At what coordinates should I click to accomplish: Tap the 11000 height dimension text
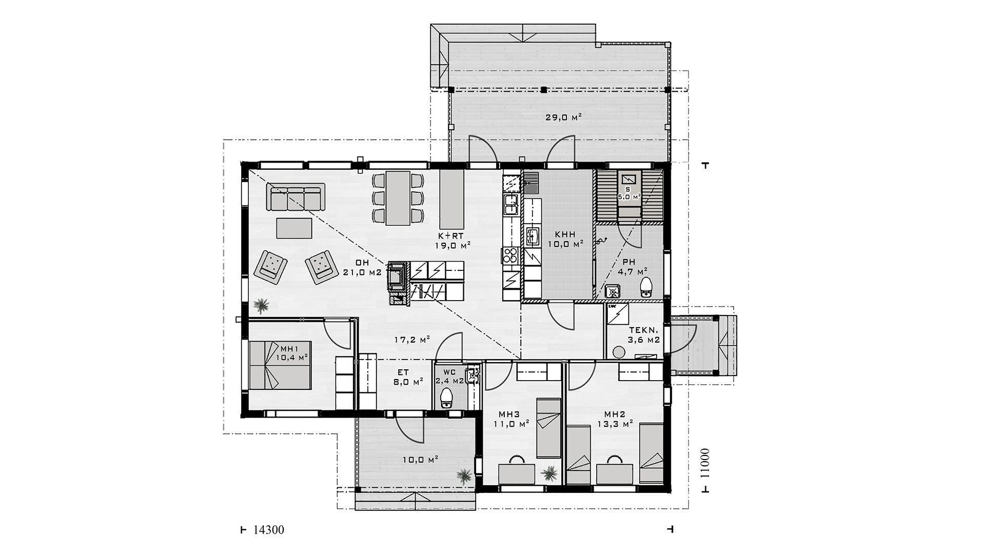[x=704, y=464]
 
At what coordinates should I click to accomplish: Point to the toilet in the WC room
[x=447, y=398]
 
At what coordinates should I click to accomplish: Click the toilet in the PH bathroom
[x=646, y=287]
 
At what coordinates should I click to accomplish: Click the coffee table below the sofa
[x=294, y=228]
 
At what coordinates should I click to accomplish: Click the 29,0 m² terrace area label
[x=563, y=117]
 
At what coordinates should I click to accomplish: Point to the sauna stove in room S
[x=628, y=180]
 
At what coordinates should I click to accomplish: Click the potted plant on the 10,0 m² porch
[x=464, y=475]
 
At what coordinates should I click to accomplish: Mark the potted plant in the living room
[x=262, y=306]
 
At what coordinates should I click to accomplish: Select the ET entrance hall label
[x=403, y=373]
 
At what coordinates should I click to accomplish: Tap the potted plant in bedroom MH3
[x=549, y=473]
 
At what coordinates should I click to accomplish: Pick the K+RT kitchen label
[x=451, y=236]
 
